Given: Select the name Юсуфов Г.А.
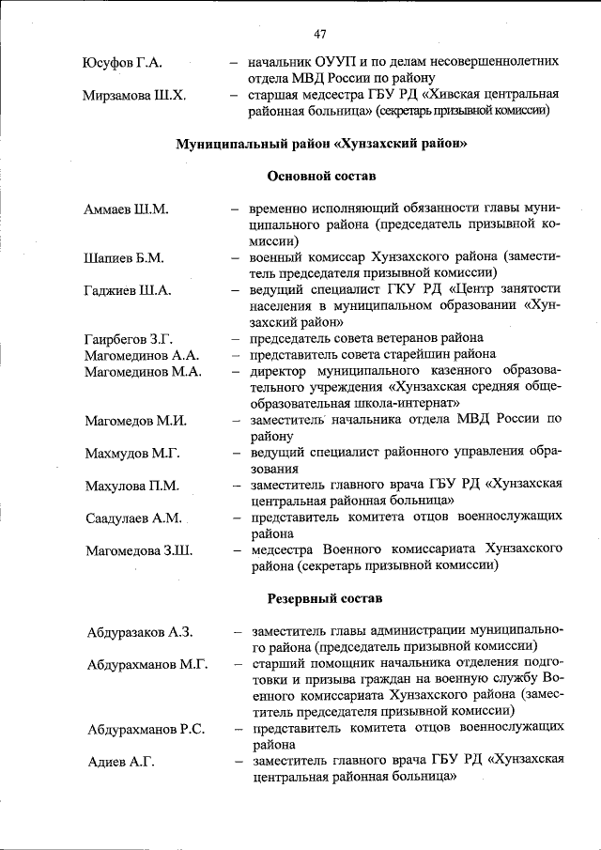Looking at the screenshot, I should click(123, 63).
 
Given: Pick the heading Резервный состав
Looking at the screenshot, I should click(322, 597).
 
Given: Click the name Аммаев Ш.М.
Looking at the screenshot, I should click(126, 209).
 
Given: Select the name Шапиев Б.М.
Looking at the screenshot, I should click(124, 258).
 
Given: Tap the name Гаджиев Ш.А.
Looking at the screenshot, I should click(127, 291).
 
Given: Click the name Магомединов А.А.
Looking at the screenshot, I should click(142, 355).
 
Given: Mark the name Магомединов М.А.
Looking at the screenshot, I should click(143, 372).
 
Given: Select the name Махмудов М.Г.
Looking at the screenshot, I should click(132, 453).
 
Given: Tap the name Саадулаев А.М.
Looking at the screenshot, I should click(133, 518).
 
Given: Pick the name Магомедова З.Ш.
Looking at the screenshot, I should click(139, 550).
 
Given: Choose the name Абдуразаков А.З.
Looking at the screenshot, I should click(141, 631).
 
